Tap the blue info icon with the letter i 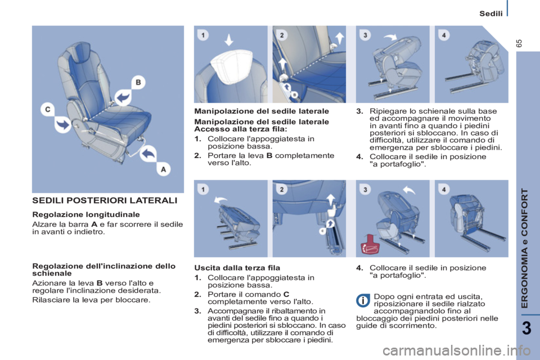pyautogui.click(x=363, y=300)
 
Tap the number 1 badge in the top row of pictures pyautogui.click(x=204, y=35)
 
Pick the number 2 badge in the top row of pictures pyautogui.click(x=283, y=35)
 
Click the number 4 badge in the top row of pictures pyautogui.click(x=445, y=35)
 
